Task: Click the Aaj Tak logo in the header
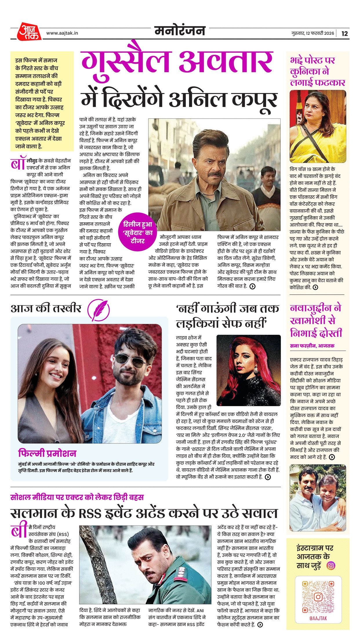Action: pos(29,32)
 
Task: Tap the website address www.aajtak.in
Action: pos(62,33)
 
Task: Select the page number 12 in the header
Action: pos(344,33)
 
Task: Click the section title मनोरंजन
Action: pos(180,31)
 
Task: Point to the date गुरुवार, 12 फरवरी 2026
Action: pos(312,33)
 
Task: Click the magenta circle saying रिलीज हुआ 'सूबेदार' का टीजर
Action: pos(137,232)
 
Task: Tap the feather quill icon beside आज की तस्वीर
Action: pos(99,310)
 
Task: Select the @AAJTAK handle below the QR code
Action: pos(318,618)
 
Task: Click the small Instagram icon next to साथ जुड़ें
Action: pos(331,565)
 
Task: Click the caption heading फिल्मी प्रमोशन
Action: pos(47,453)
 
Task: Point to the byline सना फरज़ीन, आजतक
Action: pos(312,346)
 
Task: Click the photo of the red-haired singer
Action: pos(248,370)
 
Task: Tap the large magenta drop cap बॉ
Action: pos(18,164)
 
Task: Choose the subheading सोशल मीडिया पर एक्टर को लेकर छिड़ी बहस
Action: pos(77,497)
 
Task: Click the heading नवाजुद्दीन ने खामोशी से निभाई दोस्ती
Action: pos(316,321)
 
